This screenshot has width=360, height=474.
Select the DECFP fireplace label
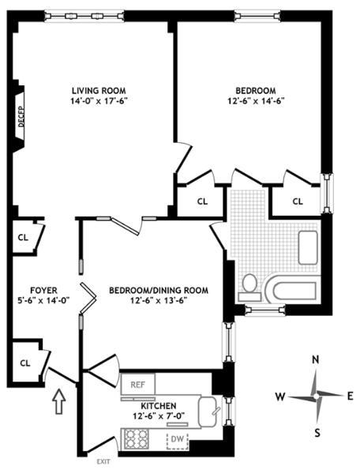point(21,118)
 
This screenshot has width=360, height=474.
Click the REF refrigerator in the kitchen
point(137,385)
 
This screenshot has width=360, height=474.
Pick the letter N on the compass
point(315,360)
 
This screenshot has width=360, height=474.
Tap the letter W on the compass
point(279,396)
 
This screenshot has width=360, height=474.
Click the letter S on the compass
point(317,431)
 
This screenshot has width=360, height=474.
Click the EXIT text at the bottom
point(102,461)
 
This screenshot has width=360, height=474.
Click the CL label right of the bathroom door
point(298,201)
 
